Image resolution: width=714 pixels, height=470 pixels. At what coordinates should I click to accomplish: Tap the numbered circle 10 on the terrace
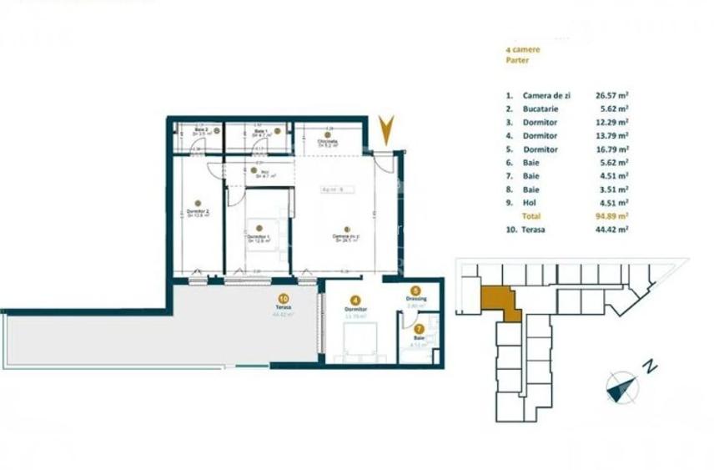tap(284, 297)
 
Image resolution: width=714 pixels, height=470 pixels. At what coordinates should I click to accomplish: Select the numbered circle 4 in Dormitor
tap(355, 300)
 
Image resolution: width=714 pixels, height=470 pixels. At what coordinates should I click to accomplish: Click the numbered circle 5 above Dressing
tap(416, 291)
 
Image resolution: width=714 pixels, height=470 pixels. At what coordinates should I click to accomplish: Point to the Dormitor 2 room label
tap(197, 213)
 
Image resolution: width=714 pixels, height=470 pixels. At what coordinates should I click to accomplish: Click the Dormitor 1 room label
tap(259, 237)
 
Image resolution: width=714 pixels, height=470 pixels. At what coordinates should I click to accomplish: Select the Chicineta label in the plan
tap(328, 142)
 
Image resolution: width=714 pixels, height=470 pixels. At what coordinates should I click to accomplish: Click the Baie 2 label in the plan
tap(201, 130)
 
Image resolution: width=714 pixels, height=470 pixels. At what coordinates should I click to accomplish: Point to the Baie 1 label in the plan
tap(259, 131)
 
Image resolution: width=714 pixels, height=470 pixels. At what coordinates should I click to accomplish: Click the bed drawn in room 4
tap(360, 341)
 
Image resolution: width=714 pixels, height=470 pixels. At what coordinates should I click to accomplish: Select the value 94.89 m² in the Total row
tap(612, 215)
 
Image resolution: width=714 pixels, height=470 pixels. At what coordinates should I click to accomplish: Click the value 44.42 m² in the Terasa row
tap(612, 230)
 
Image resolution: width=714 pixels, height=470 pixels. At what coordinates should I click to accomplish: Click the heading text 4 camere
tap(523, 49)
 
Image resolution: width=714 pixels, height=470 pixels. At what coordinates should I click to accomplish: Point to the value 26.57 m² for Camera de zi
tap(612, 95)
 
